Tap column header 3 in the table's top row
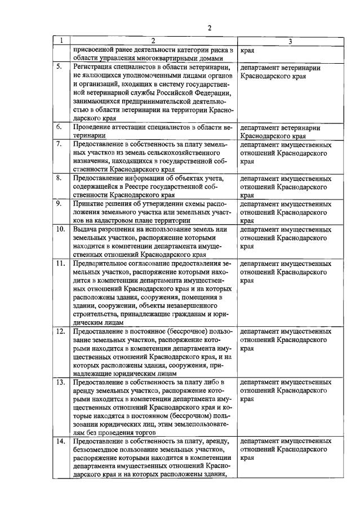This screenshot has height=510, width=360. [290, 41]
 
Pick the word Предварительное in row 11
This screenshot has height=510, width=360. [105, 264]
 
